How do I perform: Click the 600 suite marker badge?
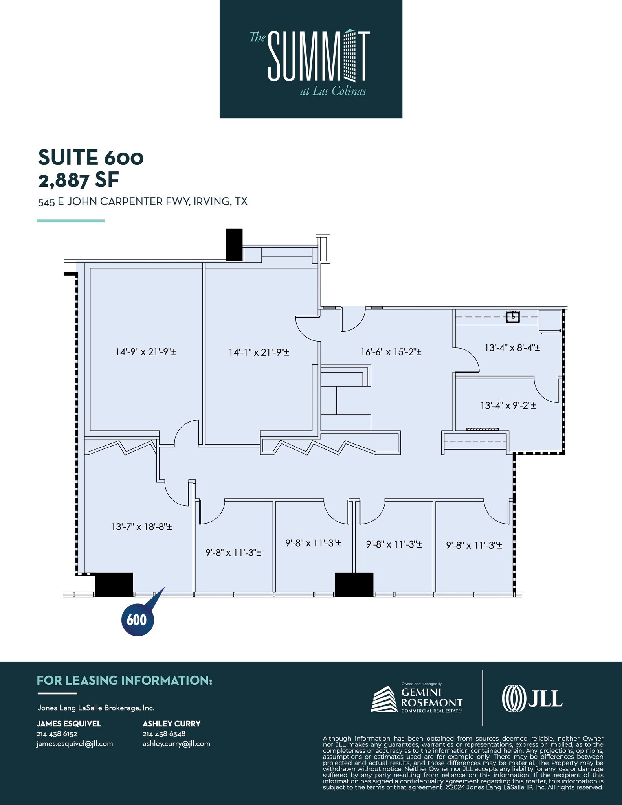tap(137, 620)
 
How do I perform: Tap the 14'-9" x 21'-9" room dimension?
tap(146, 352)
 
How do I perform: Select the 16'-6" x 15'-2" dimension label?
tap(391, 352)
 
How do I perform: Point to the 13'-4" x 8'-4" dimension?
tap(512, 347)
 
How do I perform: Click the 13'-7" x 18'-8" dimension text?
tap(141, 527)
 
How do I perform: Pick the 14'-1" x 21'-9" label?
tap(259, 352)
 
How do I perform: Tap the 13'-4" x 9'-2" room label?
tap(508, 405)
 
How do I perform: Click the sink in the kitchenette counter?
tap(513, 316)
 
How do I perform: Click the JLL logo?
tap(532, 697)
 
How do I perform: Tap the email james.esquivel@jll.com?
tap(75, 743)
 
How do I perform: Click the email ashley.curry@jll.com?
tap(176, 743)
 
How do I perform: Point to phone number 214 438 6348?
tap(164, 733)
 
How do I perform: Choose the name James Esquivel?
tap(69, 724)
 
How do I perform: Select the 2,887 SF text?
tap(78, 180)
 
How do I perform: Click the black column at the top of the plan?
tap(234, 244)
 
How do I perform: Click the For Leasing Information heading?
tap(125, 680)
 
